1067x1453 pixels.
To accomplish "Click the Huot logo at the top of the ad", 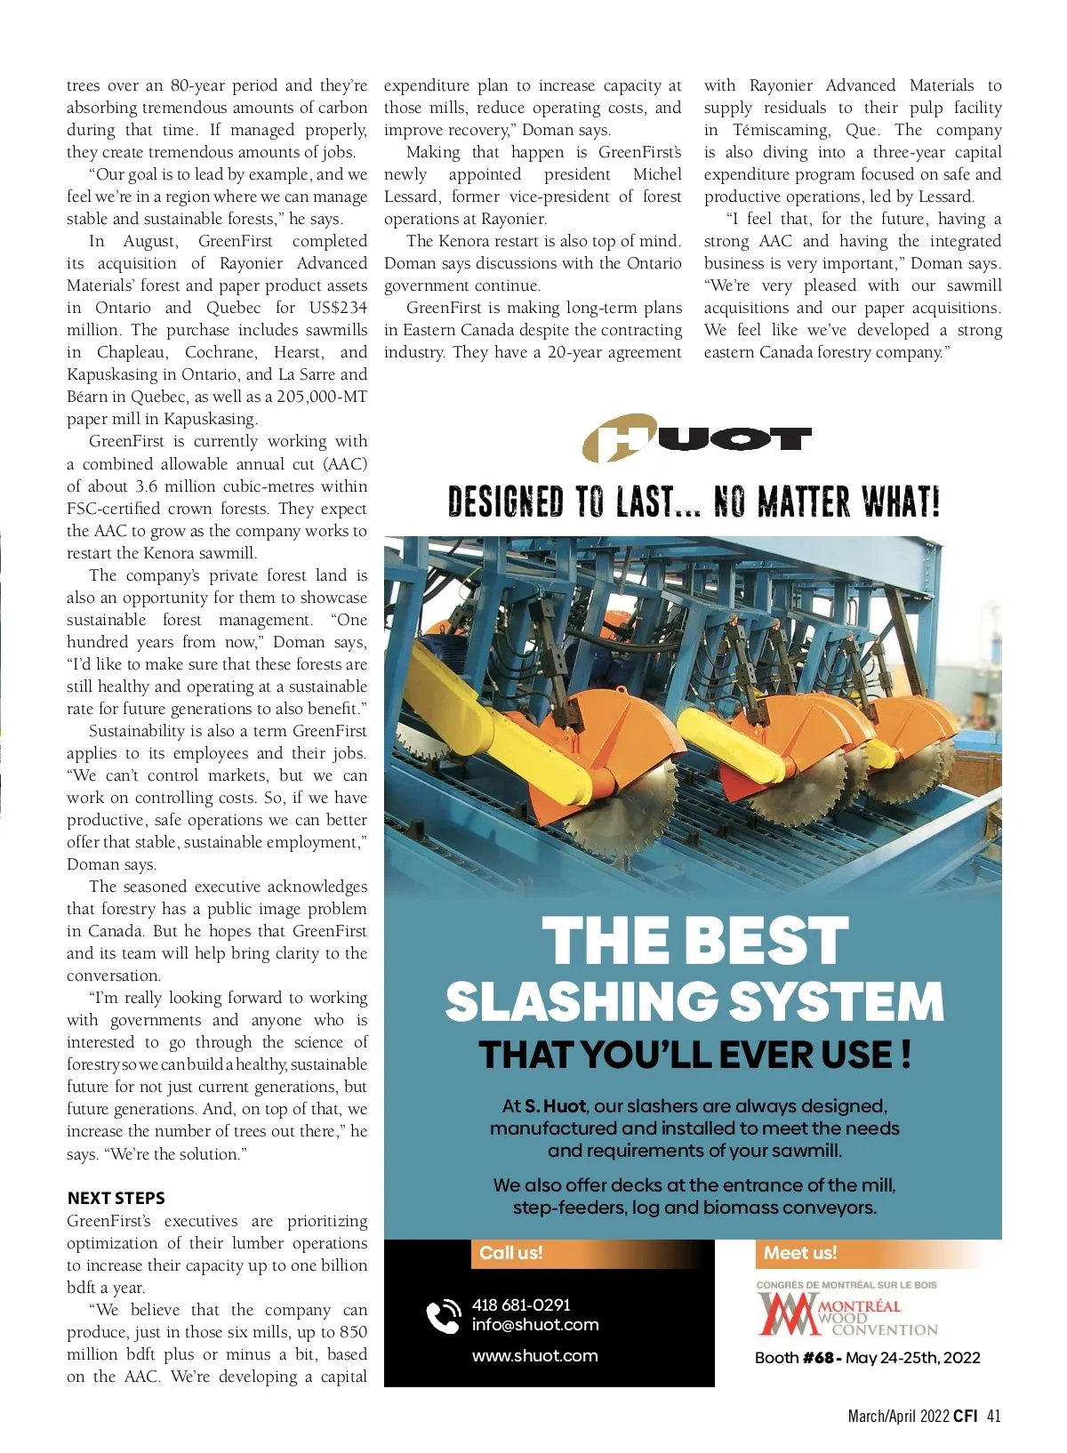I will point(696,438).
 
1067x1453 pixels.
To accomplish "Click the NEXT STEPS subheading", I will point(116,1198).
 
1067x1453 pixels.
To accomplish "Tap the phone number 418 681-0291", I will point(521,1304).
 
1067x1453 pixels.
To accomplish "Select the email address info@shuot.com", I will point(535,1324).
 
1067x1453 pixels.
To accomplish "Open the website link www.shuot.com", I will point(534,1355).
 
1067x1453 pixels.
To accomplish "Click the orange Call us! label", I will point(510,1253).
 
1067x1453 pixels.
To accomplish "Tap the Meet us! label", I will point(800,1253).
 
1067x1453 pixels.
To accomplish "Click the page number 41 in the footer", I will point(993,1417).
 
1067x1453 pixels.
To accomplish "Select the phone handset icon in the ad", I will point(443,1317).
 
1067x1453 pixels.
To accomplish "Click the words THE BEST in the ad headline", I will point(694,941).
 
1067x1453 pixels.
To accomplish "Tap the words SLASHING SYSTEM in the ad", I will point(694,1001).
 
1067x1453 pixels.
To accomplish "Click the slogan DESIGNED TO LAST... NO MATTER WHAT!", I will point(694,502).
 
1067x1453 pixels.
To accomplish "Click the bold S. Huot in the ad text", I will point(555,1106).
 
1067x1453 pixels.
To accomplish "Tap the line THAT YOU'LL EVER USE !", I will point(694,1055).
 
